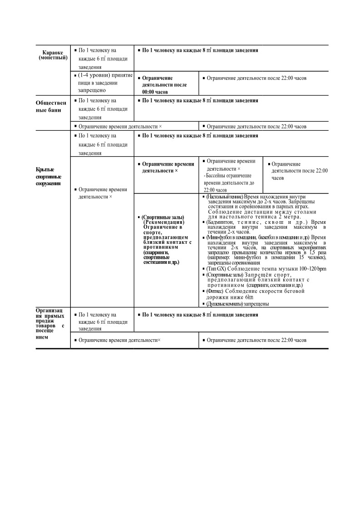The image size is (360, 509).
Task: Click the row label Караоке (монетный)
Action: pos(52,55)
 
